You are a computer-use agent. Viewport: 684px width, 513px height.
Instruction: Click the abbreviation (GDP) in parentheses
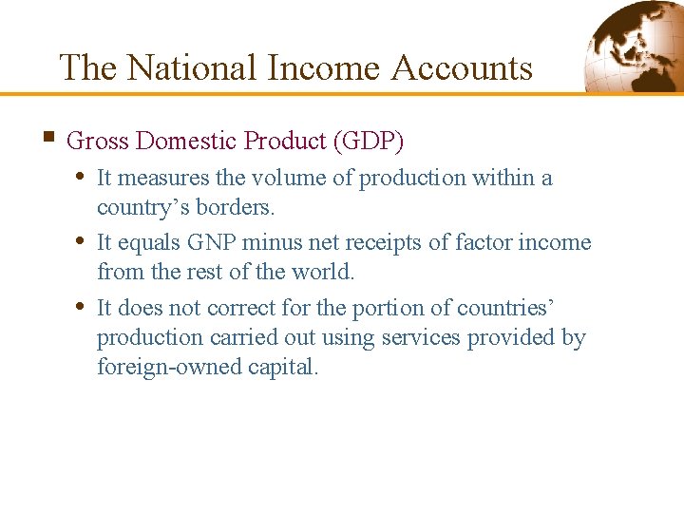(x=368, y=142)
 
